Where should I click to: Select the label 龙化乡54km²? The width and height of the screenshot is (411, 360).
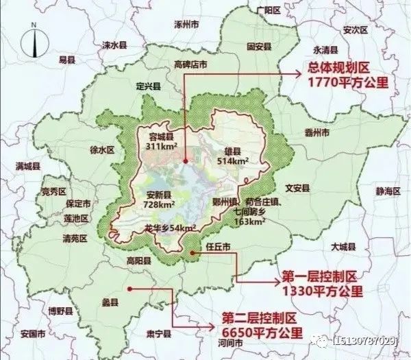(x=171, y=228)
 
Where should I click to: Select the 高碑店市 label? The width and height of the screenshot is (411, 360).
(x=190, y=64)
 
